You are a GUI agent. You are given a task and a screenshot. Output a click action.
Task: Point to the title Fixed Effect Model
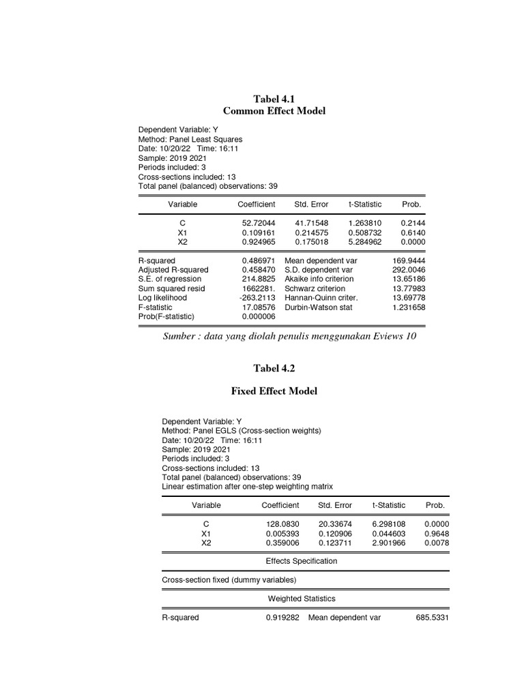[x=275, y=391]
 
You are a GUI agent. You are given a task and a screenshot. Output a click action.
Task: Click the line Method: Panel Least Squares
[x=190, y=138]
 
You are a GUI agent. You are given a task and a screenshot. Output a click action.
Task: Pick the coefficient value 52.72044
[x=259, y=223]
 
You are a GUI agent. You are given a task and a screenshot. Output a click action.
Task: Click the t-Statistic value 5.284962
[x=365, y=242]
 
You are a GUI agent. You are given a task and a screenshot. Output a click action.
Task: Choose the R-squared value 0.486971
[x=259, y=260]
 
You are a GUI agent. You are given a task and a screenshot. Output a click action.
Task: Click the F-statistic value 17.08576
[x=259, y=307]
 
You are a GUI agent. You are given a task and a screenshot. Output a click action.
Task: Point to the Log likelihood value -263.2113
[x=257, y=298]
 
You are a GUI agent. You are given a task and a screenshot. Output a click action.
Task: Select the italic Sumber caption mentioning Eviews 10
[x=289, y=336]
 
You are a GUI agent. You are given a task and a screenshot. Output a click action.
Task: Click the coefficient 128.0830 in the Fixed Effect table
[x=282, y=524]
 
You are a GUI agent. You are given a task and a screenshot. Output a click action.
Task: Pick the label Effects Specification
[x=301, y=561]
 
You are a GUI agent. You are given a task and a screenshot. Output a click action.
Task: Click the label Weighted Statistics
[x=301, y=598]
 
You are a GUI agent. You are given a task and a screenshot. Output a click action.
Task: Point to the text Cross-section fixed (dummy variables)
[x=229, y=580]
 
